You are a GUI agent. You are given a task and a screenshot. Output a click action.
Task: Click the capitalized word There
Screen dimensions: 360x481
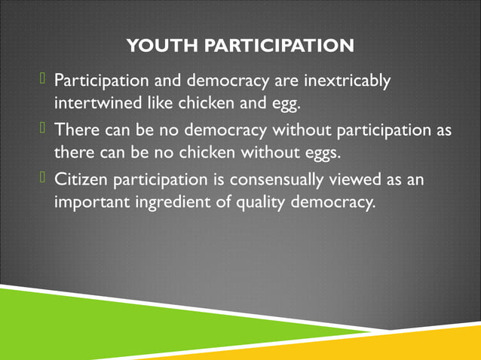click(75, 131)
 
